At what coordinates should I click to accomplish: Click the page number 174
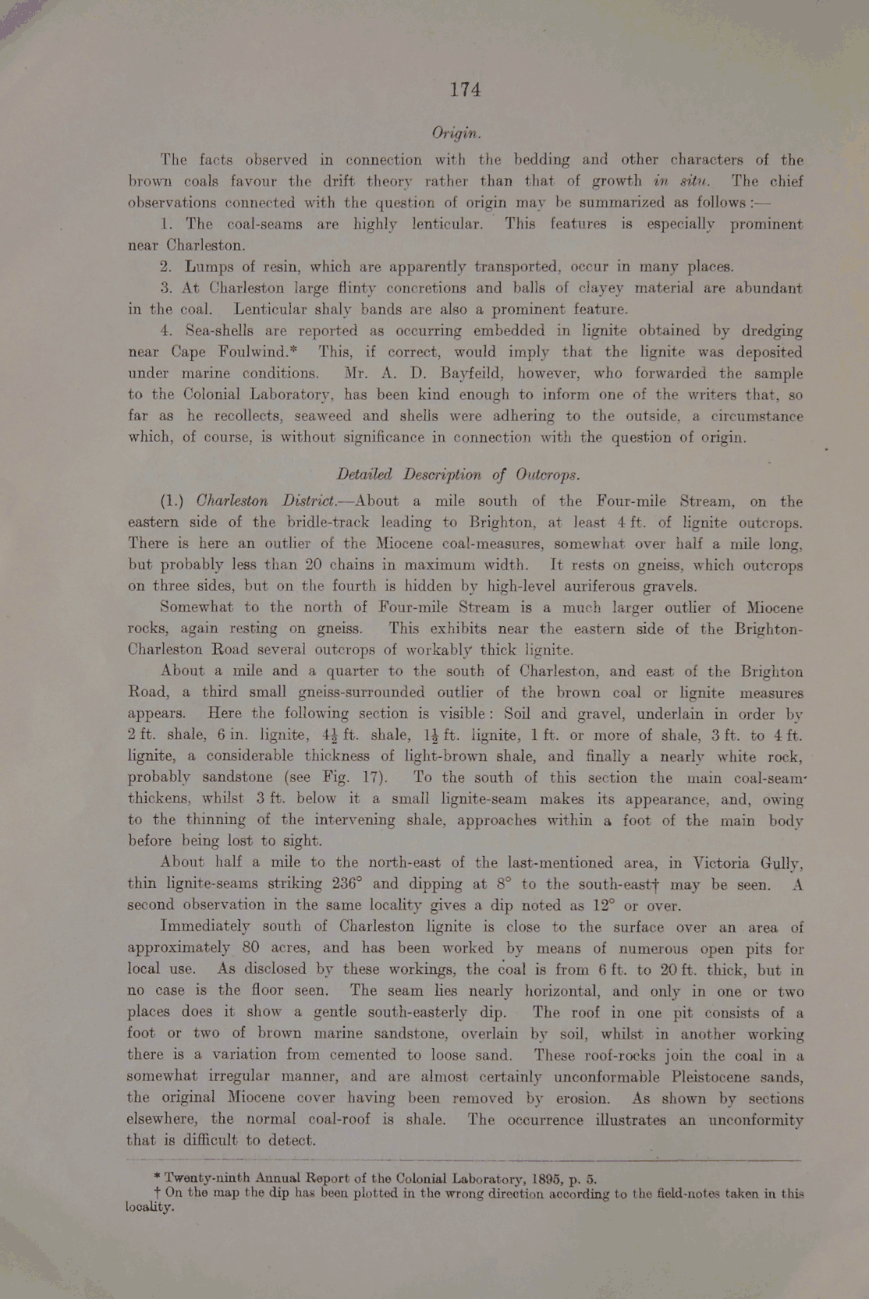pyautogui.click(x=465, y=90)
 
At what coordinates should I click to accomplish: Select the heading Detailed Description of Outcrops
pyautogui.click(x=458, y=474)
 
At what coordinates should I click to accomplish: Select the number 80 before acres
pyautogui.click(x=250, y=948)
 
